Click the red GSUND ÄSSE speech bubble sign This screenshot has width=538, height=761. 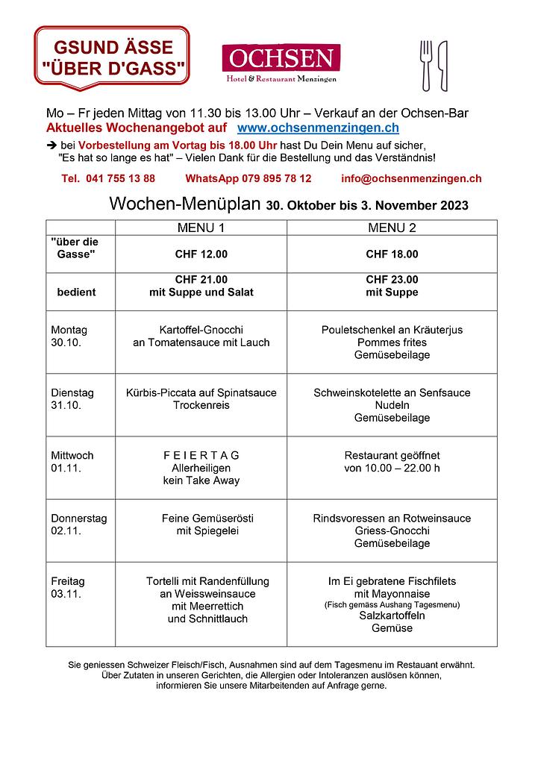tap(112, 58)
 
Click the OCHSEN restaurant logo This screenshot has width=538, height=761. tap(281, 63)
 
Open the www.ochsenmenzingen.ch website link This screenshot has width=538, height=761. tap(318, 128)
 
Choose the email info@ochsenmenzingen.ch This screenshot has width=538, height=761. tap(411, 179)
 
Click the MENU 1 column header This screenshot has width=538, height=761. tap(201, 228)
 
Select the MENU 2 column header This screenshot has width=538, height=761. tap(392, 228)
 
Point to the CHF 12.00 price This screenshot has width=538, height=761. tap(201, 254)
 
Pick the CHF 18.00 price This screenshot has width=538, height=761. tap(392, 254)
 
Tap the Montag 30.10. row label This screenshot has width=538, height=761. tap(69, 336)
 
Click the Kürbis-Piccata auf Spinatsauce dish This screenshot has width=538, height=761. tap(201, 392)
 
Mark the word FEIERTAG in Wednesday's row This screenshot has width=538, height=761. tap(201, 455)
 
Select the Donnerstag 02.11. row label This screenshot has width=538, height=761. tap(78, 524)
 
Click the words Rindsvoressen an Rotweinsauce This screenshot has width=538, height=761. tap(392, 519)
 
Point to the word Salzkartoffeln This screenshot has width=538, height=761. tap(392, 616)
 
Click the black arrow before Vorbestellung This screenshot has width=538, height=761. tap(51, 144)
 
